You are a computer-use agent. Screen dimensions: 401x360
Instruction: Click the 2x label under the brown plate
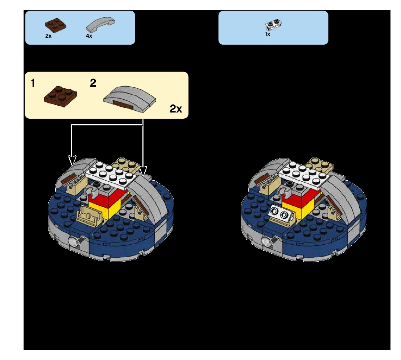click(48, 36)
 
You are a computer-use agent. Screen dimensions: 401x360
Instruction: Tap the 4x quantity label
click(89, 36)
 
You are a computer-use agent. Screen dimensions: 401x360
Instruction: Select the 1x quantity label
click(268, 34)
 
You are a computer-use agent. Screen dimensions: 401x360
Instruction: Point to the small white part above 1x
click(274, 25)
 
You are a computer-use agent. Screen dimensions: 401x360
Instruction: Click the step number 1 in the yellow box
click(33, 83)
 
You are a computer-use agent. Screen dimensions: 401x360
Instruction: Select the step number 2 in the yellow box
click(93, 83)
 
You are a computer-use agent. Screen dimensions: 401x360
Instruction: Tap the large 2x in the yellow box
click(176, 109)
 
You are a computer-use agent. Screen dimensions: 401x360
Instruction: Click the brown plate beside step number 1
click(60, 95)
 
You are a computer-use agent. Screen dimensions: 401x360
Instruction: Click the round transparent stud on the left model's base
click(74, 241)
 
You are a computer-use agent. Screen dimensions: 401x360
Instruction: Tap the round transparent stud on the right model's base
click(267, 241)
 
